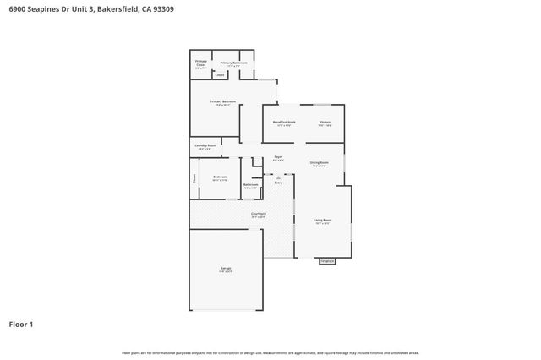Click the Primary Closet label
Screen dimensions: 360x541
click(x=201, y=63)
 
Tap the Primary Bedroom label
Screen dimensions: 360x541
click(x=221, y=103)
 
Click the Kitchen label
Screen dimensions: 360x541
click(x=325, y=122)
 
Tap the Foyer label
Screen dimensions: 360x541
click(x=277, y=158)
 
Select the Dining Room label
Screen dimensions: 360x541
click(x=319, y=163)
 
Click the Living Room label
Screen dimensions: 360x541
click(x=322, y=221)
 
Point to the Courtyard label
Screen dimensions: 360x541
click(x=259, y=214)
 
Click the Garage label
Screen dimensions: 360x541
click(x=226, y=269)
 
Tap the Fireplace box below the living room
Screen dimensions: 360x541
click(x=327, y=261)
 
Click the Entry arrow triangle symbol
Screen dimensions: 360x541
click(x=277, y=175)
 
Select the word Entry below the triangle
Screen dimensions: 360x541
click(x=278, y=182)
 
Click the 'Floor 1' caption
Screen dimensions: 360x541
click(x=21, y=323)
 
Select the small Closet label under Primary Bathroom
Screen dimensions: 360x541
click(x=220, y=75)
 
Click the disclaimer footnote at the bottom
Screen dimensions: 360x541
click(x=270, y=352)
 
